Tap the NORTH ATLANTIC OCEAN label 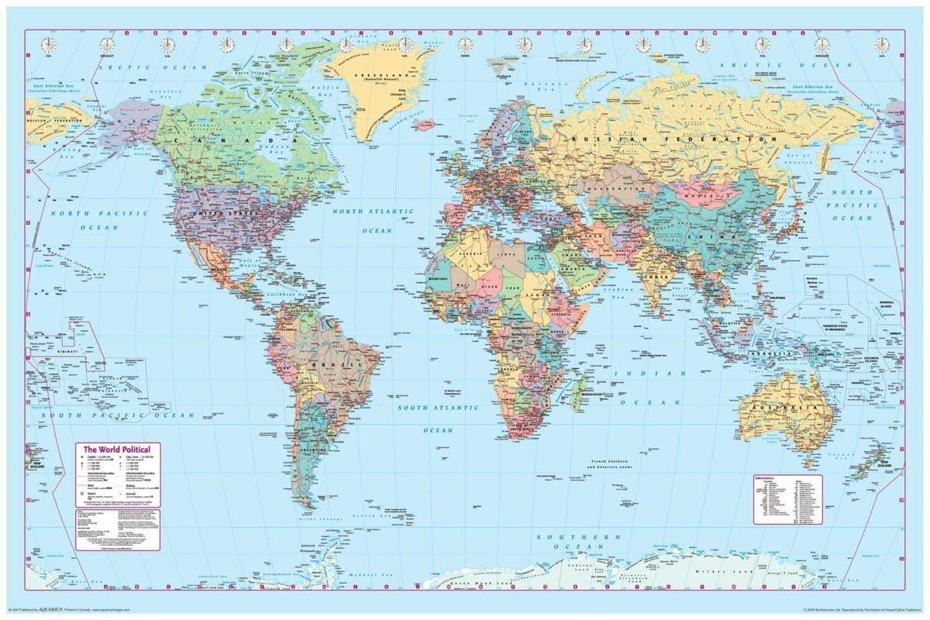pos(374,220)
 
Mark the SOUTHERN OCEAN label pos(582,542)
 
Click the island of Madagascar pos(578,391)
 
